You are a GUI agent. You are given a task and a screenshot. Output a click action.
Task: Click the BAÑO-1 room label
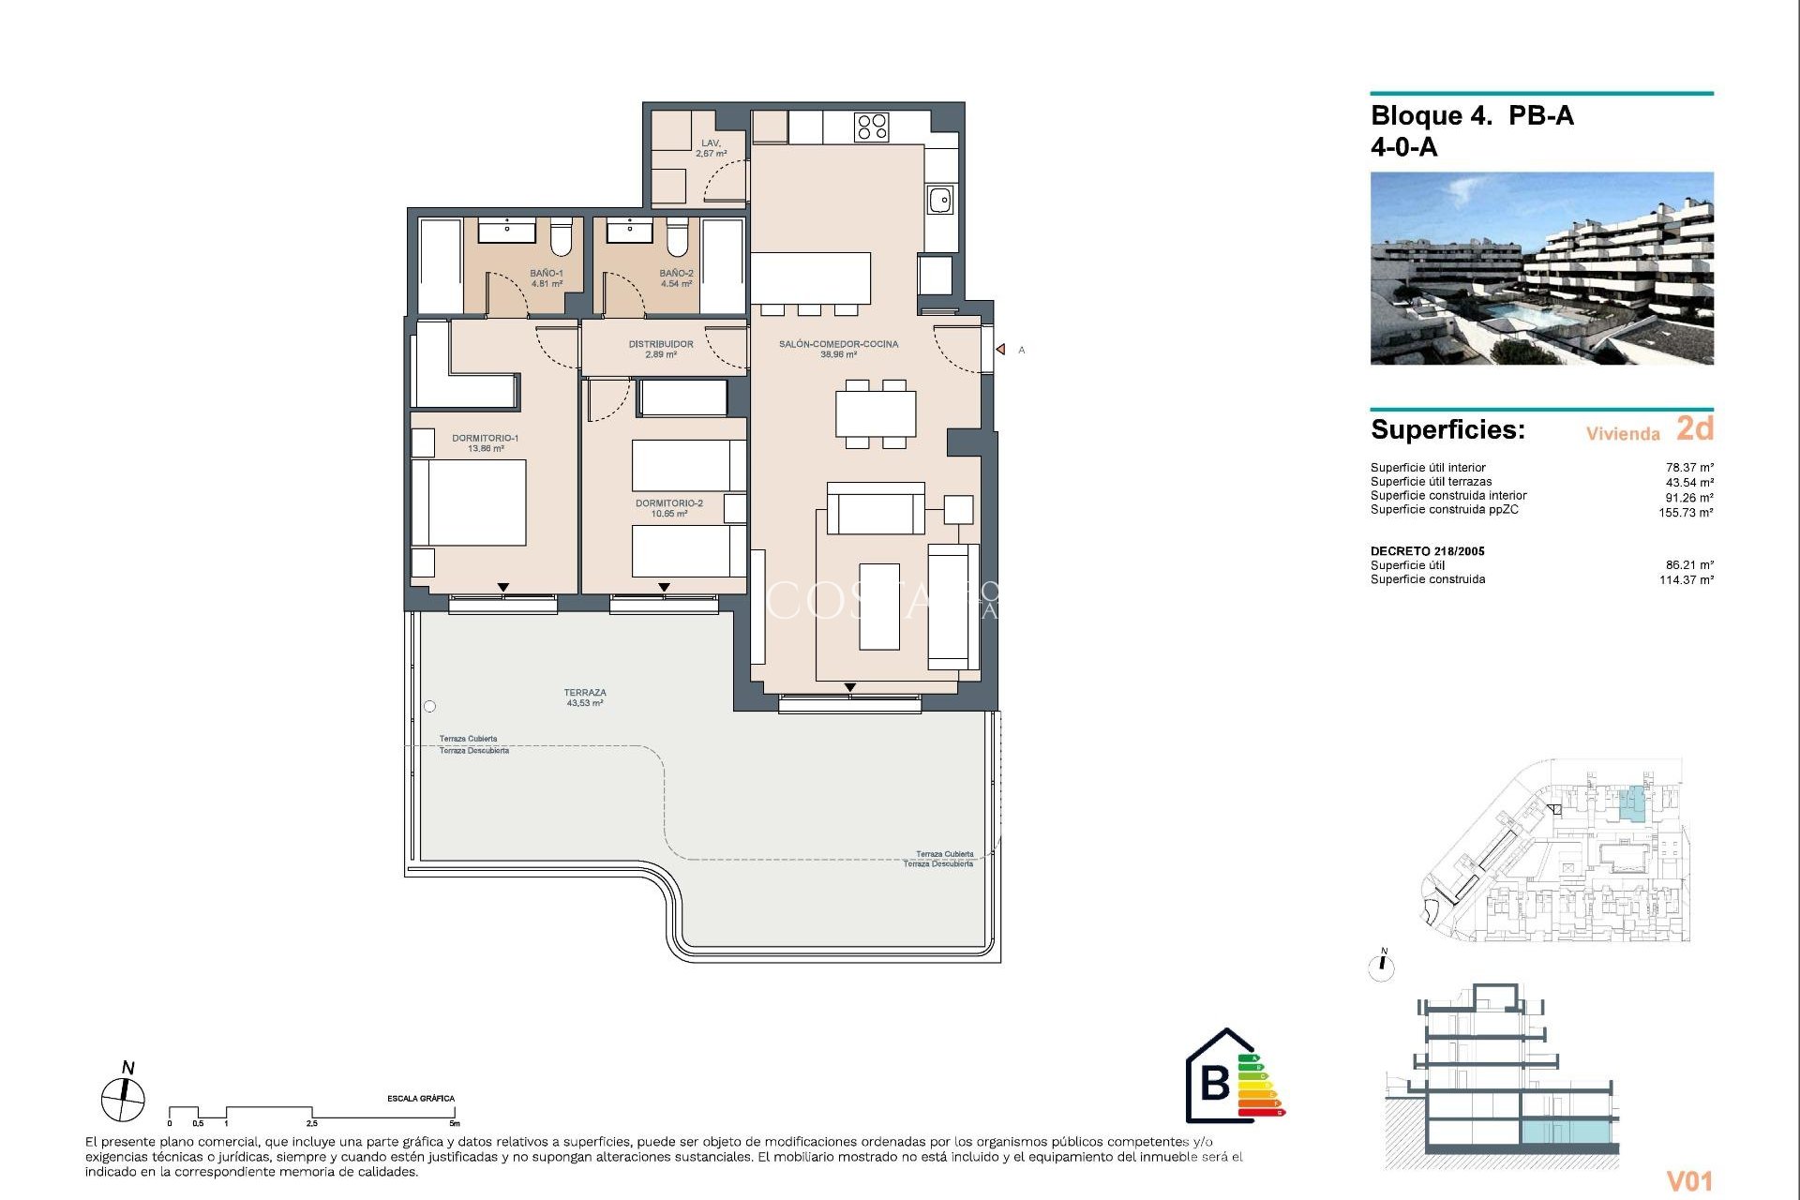[x=547, y=278]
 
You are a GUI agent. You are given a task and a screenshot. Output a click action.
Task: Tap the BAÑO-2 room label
[x=676, y=278]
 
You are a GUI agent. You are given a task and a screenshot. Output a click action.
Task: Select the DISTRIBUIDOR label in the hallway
[x=661, y=349]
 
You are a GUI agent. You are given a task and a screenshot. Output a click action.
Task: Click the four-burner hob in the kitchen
[x=872, y=127]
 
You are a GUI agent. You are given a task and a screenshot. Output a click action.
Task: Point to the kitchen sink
[x=940, y=201]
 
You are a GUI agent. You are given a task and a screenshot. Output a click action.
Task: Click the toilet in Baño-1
[x=561, y=239]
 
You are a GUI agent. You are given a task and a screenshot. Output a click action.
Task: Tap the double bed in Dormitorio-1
[x=469, y=502]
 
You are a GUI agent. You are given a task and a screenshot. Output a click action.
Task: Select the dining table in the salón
[x=876, y=413]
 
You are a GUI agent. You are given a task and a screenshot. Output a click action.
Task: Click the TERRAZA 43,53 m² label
[x=585, y=697]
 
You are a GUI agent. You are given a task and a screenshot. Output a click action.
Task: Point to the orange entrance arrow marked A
[x=1001, y=350]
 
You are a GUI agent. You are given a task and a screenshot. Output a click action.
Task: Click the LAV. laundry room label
[x=711, y=148]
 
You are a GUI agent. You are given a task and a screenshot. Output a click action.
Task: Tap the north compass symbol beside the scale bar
[x=123, y=1099]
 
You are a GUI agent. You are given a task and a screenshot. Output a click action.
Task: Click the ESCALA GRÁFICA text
[x=421, y=1099]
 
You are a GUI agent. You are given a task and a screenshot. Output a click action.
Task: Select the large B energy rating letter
[x=1215, y=1083]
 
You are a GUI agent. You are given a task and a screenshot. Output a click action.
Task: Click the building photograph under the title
[x=1541, y=268]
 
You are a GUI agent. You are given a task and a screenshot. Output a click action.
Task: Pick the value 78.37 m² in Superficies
[x=1689, y=468]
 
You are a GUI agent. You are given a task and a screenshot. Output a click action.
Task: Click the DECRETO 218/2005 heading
[x=1427, y=551]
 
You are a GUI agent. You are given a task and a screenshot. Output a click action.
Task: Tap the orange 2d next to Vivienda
[x=1694, y=428]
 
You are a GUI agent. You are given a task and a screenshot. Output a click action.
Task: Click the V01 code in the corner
[x=1689, y=1181]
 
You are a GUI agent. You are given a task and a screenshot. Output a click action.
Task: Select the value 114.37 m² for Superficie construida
[x=1686, y=580]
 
